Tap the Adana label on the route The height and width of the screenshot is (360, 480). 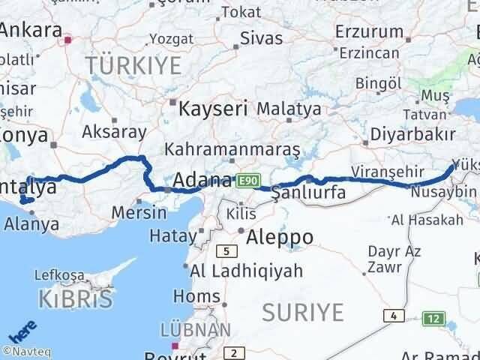202,181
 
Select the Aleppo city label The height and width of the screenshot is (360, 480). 280,238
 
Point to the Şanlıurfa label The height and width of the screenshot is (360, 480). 309,193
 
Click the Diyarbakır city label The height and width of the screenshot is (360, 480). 413,135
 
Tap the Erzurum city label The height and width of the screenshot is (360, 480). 369,31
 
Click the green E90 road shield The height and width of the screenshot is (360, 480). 247,181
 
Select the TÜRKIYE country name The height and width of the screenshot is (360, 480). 133,66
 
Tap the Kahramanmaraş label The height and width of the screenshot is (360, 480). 232,149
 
